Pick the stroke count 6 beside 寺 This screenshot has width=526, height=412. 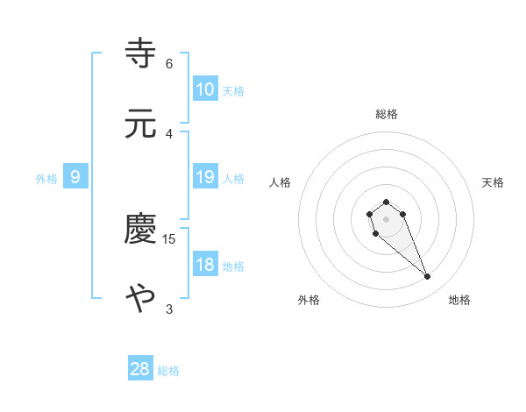[169, 63]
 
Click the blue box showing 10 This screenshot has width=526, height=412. [205, 89]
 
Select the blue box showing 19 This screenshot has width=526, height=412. [205, 177]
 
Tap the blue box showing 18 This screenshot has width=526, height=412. [205, 265]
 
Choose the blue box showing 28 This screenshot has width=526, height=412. [140, 369]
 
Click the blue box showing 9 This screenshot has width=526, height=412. [75, 177]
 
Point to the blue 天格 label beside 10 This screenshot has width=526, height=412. [233, 90]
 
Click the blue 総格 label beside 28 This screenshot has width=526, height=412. [168, 371]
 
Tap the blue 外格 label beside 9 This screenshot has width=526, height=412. [46, 178]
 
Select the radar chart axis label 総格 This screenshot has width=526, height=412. [387, 114]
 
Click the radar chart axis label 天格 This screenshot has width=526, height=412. [494, 182]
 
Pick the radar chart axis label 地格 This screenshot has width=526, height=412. [459, 301]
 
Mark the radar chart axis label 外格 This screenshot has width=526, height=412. [309, 301]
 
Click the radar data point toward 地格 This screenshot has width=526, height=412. [428, 277]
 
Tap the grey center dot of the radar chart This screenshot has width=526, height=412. [386, 219]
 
